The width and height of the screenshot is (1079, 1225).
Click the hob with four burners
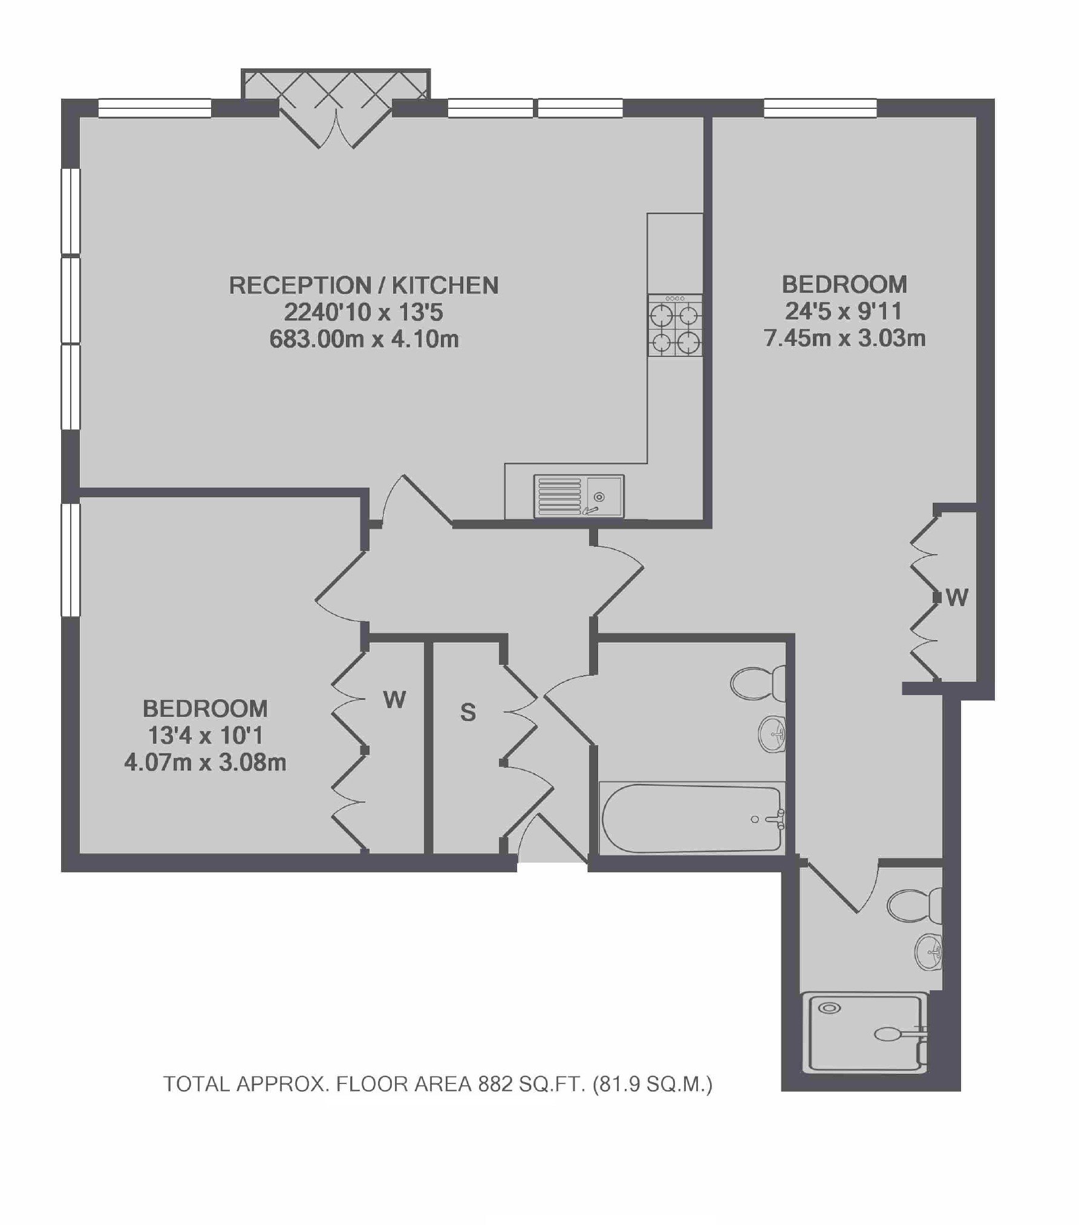pyautogui.click(x=675, y=325)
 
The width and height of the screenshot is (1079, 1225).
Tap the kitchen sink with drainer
pyautogui.click(x=578, y=496)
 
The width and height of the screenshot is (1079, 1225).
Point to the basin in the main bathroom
pyautogui.click(x=772, y=733)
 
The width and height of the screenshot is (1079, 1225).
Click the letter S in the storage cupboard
pyautogui.click(x=468, y=713)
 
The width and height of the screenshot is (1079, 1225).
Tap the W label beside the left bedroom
pyautogui.click(x=394, y=700)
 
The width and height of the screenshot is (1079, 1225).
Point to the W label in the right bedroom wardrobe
pyautogui.click(x=957, y=598)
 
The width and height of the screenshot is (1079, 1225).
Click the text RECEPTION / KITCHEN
pyautogui.click(x=363, y=285)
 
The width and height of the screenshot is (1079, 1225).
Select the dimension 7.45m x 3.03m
pyautogui.click(x=845, y=338)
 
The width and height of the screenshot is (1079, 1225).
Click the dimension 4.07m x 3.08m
pyautogui.click(x=205, y=763)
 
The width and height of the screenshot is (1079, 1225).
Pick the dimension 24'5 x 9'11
pyautogui.click(x=844, y=312)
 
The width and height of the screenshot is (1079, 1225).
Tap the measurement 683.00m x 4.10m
pyautogui.click(x=364, y=339)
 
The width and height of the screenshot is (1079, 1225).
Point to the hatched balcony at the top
pyautogui.click(x=336, y=83)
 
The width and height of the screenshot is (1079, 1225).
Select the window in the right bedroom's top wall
pyautogui.click(x=820, y=108)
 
